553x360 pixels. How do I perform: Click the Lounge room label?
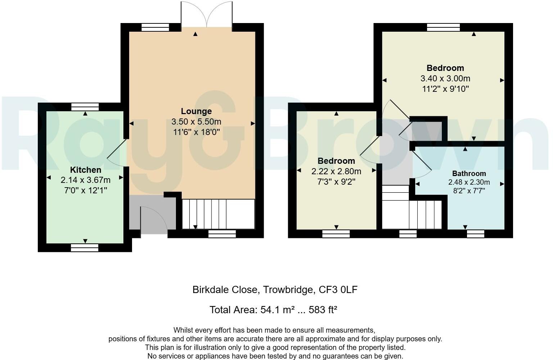196,111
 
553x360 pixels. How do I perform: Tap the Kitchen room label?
85,170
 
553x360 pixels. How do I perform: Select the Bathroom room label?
469,174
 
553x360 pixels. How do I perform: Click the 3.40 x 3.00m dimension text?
445,78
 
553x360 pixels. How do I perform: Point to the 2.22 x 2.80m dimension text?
336,171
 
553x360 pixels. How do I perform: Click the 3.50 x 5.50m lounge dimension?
196,122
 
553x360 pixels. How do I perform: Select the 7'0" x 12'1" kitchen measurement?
85,190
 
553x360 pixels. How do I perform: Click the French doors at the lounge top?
207,14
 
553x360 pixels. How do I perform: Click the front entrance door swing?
154,220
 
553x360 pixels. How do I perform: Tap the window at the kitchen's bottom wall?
85,247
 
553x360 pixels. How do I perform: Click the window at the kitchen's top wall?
85,107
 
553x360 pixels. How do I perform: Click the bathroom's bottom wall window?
475,234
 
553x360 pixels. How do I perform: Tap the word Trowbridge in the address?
286,289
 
